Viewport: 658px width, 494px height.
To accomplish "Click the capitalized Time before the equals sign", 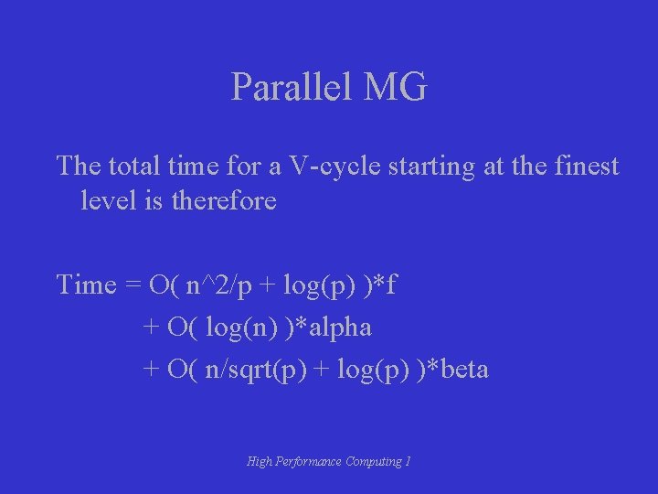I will point(87,285).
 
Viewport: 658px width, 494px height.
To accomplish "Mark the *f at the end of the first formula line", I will point(385,285).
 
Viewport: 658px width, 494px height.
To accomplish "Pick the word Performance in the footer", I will point(310,462).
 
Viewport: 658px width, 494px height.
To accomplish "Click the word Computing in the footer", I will point(374,462).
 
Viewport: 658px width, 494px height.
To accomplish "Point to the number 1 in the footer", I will point(408,462).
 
